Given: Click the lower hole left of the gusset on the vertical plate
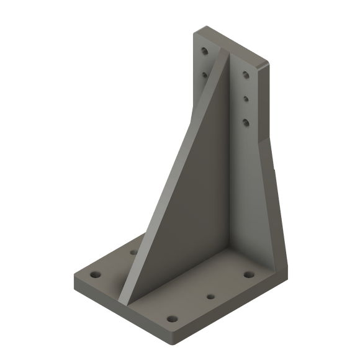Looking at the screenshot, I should coord(204,73).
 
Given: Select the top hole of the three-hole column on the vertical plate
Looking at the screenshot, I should coord(246,76).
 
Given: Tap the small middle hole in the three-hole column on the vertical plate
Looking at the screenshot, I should coord(246,97).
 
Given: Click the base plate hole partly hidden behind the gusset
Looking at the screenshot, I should coord(133,252).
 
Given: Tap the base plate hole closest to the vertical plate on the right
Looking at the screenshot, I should coord(248,274).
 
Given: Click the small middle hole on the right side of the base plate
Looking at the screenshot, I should coord(210,297).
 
